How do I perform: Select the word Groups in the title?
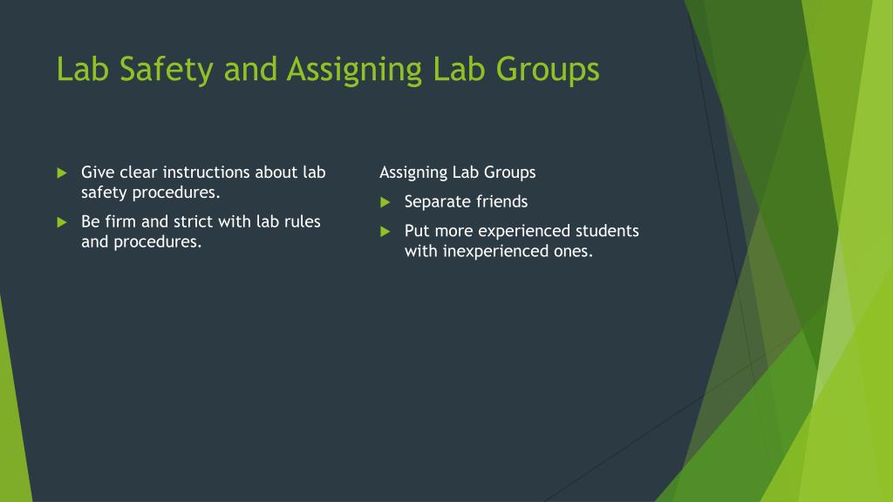tap(547, 70)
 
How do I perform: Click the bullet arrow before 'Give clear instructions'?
tap(61, 173)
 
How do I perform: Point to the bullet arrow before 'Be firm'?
tap(61, 222)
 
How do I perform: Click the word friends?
tap(501, 201)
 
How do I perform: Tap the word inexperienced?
tap(496, 251)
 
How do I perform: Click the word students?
tap(607, 231)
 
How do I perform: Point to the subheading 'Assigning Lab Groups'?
tap(458, 173)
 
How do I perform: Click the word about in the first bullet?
tap(276, 172)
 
